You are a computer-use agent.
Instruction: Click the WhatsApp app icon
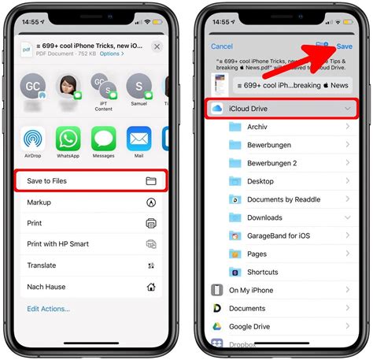point(68,139)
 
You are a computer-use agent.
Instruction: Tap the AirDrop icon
point(33,139)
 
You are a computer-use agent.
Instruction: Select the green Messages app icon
point(104,139)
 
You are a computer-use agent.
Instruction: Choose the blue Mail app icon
point(139,139)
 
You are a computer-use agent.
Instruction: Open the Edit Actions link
point(48,309)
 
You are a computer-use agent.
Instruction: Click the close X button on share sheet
point(157,47)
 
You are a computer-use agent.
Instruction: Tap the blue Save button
point(344,46)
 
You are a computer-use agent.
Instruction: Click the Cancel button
point(222,46)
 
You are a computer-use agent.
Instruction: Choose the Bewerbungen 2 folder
point(272,163)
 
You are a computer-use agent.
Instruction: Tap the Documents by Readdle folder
point(283,199)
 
